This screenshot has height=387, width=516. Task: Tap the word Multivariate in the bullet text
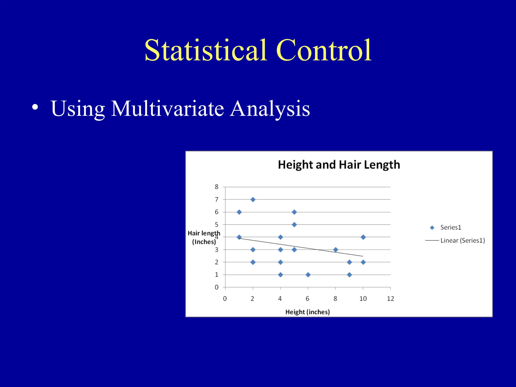(168, 109)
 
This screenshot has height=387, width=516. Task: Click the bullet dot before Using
(35, 107)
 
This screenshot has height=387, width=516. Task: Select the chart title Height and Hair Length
(339, 165)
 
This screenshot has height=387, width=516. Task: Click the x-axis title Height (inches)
(307, 312)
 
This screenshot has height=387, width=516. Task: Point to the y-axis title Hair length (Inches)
(204, 237)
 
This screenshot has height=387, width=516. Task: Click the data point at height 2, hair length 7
(253, 200)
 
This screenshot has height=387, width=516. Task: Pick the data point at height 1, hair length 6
(239, 212)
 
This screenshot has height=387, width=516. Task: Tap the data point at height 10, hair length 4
(363, 237)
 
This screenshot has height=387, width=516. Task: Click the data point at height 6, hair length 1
(308, 275)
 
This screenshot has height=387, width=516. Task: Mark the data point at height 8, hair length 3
(335, 250)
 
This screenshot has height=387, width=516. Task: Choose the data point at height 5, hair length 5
(294, 224)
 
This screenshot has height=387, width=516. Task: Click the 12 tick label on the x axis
(390, 299)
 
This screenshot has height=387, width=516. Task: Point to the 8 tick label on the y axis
(216, 187)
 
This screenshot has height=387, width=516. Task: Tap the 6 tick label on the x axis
(307, 299)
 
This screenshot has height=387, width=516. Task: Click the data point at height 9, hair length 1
(349, 275)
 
